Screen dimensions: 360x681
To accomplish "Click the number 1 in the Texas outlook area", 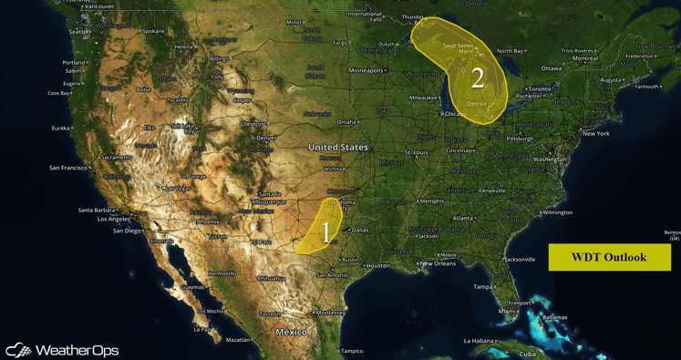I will [x=325, y=232].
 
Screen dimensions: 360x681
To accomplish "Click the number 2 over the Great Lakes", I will [x=477, y=77].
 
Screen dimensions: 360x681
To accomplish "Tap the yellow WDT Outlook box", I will [x=609, y=257].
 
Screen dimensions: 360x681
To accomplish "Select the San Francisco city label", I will [x=69, y=168].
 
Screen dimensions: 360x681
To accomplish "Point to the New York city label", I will [x=595, y=133].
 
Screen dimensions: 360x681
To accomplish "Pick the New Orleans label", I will [x=438, y=263].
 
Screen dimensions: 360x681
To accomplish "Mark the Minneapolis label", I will [x=366, y=70].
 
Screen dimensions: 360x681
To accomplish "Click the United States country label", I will [x=338, y=147].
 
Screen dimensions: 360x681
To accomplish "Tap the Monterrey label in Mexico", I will [x=330, y=313].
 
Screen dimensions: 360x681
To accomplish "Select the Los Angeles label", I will [x=114, y=219].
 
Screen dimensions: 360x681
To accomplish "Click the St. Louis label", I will [x=417, y=152].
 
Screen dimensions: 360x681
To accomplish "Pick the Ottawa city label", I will [x=552, y=68].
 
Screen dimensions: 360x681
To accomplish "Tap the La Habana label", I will [x=479, y=341].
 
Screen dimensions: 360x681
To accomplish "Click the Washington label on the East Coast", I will [x=550, y=159].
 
